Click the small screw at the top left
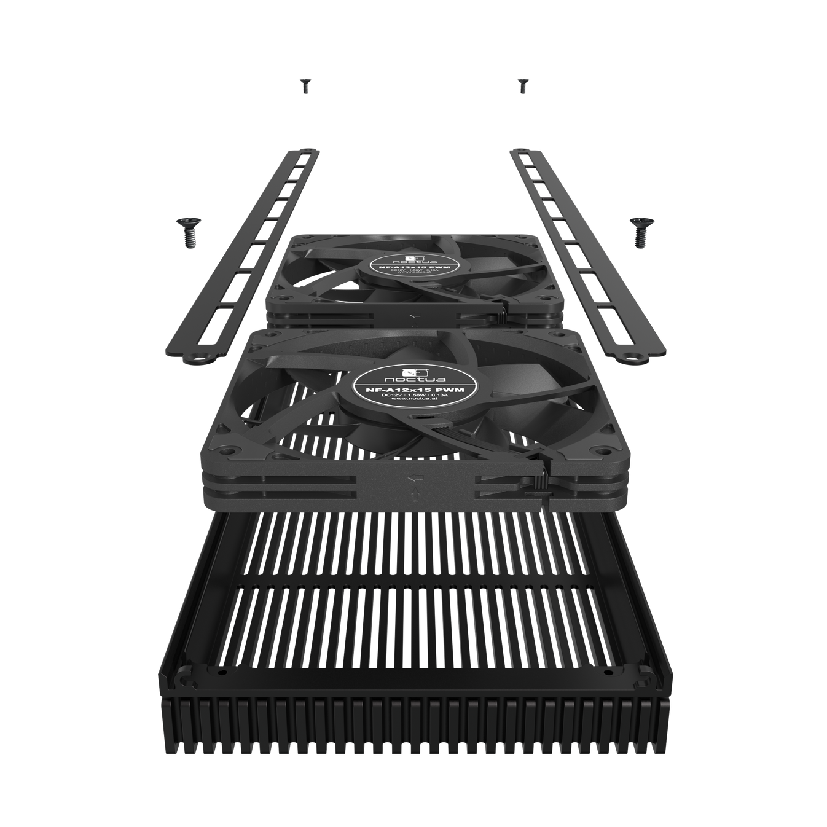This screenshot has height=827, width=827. point(304,86)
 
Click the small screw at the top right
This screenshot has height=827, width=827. point(523,86)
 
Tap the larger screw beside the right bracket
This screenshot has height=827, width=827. point(640,232)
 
